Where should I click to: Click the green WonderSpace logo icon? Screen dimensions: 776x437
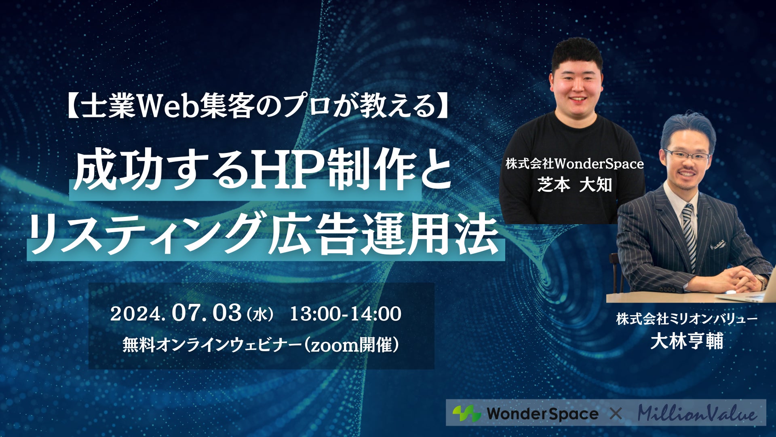click(x=466, y=414)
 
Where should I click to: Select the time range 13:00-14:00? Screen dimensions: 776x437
click(x=346, y=314)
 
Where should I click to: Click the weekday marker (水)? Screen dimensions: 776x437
click(x=259, y=314)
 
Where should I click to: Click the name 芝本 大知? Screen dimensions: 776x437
click(x=574, y=185)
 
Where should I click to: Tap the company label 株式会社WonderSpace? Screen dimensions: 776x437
click(x=574, y=164)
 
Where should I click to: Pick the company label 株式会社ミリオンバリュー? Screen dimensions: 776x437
click(x=687, y=319)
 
